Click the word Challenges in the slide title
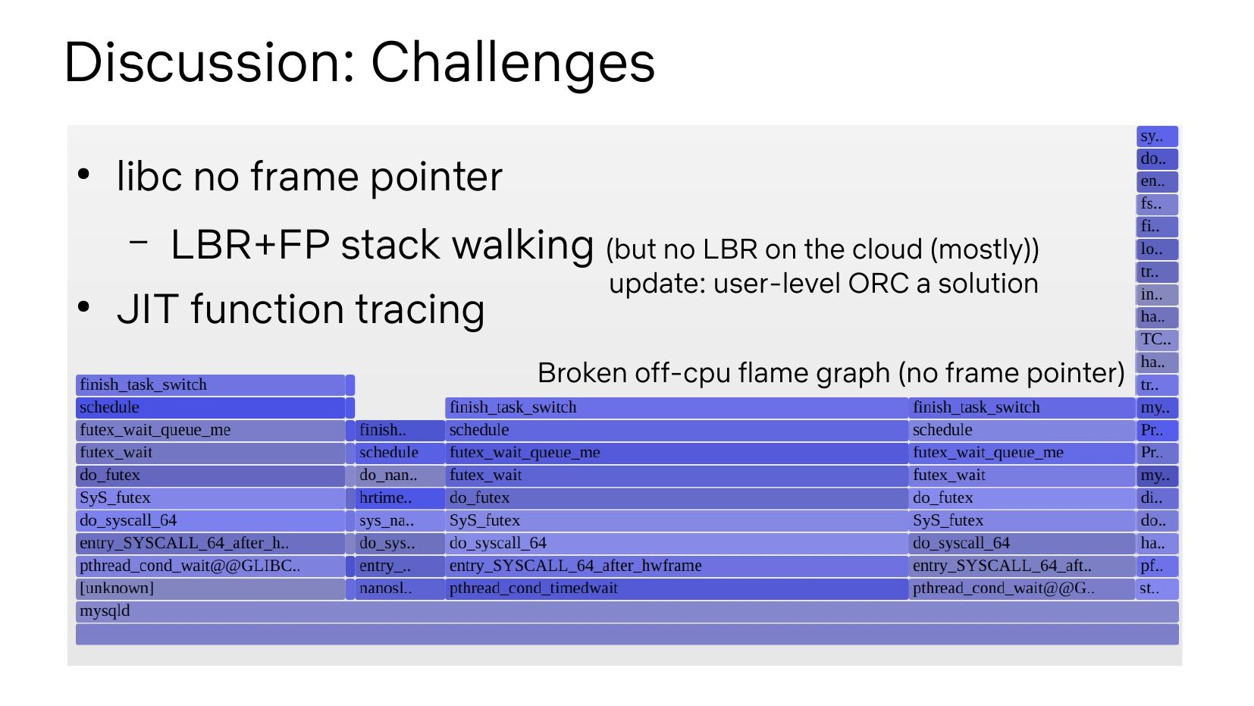pyautogui.click(x=513, y=62)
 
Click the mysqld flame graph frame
pyautogui.click(x=626, y=611)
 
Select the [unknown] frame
pyautogui.click(x=210, y=588)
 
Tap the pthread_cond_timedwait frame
pyautogui.click(x=676, y=588)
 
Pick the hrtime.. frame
pyautogui.click(x=400, y=498)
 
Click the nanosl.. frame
pyautogui.click(x=400, y=588)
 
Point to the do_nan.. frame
pyautogui.click(x=400, y=475)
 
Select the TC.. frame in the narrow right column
pyautogui.click(x=1156, y=340)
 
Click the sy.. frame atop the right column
pyautogui.click(x=1156, y=136)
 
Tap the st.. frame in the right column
pyautogui.click(x=1156, y=588)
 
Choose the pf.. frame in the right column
pyautogui.click(x=1156, y=566)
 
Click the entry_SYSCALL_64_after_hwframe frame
pyautogui.click(x=676, y=566)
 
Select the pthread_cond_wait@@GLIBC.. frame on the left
pyautogui.click(x=210, y=566)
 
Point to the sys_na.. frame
pyautogui.click(x=400, y=521)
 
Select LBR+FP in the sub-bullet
pyautogui.click(x=249, y=245)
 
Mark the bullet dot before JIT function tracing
pyautogui.click(x=84, y=307)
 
